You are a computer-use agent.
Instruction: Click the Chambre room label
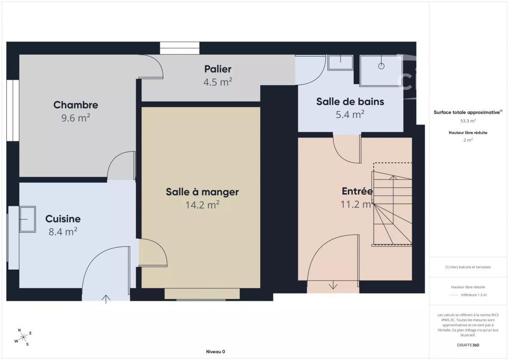[76, 105]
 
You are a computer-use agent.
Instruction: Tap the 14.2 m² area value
[202, 205]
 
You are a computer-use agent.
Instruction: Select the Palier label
[218, 69]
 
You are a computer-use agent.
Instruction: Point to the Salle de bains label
[350, 101]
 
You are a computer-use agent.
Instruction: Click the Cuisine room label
[63, 219]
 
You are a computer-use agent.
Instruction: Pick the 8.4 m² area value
[63, 232]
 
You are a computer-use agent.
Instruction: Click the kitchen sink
[28, 219]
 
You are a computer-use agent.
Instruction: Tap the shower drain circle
[381, 66]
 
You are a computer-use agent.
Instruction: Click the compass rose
[23, 337]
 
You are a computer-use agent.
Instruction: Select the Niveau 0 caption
[215, 352]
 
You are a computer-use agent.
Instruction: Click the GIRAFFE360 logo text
[468, 345]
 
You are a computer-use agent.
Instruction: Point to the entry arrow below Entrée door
[333, 285]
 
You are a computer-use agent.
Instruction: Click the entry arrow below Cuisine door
[106, 299]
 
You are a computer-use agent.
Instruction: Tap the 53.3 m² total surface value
[468, 121]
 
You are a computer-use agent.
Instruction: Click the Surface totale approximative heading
[468, 112]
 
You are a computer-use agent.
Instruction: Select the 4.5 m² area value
[218, 82]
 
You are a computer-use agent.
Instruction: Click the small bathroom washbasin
[340, 62]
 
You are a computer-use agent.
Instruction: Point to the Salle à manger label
[202, 192]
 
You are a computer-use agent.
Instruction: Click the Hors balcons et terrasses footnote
[468, 267]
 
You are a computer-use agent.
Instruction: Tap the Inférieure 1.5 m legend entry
[474, 295]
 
